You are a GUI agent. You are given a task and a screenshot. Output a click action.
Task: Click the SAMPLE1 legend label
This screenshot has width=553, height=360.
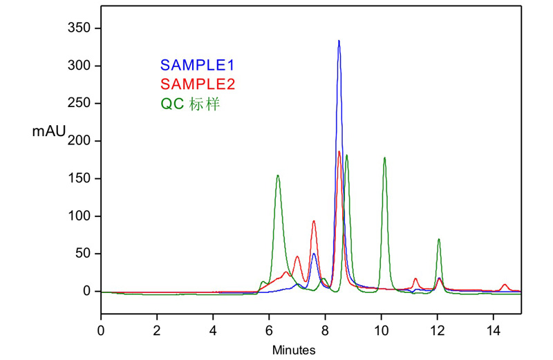point(197,66)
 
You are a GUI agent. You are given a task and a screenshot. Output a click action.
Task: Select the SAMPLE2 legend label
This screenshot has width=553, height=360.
point(197,85)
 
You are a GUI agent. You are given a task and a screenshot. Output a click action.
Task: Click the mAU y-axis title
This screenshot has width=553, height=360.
point(48,131)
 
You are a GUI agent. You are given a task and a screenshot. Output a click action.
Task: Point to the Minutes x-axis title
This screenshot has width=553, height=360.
point(294,350)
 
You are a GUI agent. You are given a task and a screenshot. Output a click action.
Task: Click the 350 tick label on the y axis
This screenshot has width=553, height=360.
point(82,28)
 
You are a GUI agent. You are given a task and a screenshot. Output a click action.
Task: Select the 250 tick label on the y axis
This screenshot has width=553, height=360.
point(82,104)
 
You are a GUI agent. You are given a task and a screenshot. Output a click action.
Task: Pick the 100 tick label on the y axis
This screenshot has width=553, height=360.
point(82,216)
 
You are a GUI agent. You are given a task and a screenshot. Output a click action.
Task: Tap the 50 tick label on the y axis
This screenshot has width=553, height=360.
point(84,254)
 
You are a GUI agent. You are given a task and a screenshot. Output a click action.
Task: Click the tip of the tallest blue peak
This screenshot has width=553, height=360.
point(339,41)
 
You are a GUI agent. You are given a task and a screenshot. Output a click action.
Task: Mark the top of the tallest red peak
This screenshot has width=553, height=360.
point(339,151)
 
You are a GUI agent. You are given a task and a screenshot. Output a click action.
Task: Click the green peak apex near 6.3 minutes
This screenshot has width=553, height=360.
point(277,176)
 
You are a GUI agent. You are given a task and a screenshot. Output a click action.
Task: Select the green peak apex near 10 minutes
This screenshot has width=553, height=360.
point(384,158)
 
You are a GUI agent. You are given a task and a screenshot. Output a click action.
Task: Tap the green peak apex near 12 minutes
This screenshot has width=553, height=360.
point(439,240)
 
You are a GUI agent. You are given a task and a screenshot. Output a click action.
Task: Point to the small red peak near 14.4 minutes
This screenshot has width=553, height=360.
point(505,285)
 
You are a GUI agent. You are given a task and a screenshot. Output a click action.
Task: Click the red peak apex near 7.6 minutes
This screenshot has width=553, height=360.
point(313,221)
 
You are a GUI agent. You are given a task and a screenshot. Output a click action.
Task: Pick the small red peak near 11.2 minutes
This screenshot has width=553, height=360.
point(415,278)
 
